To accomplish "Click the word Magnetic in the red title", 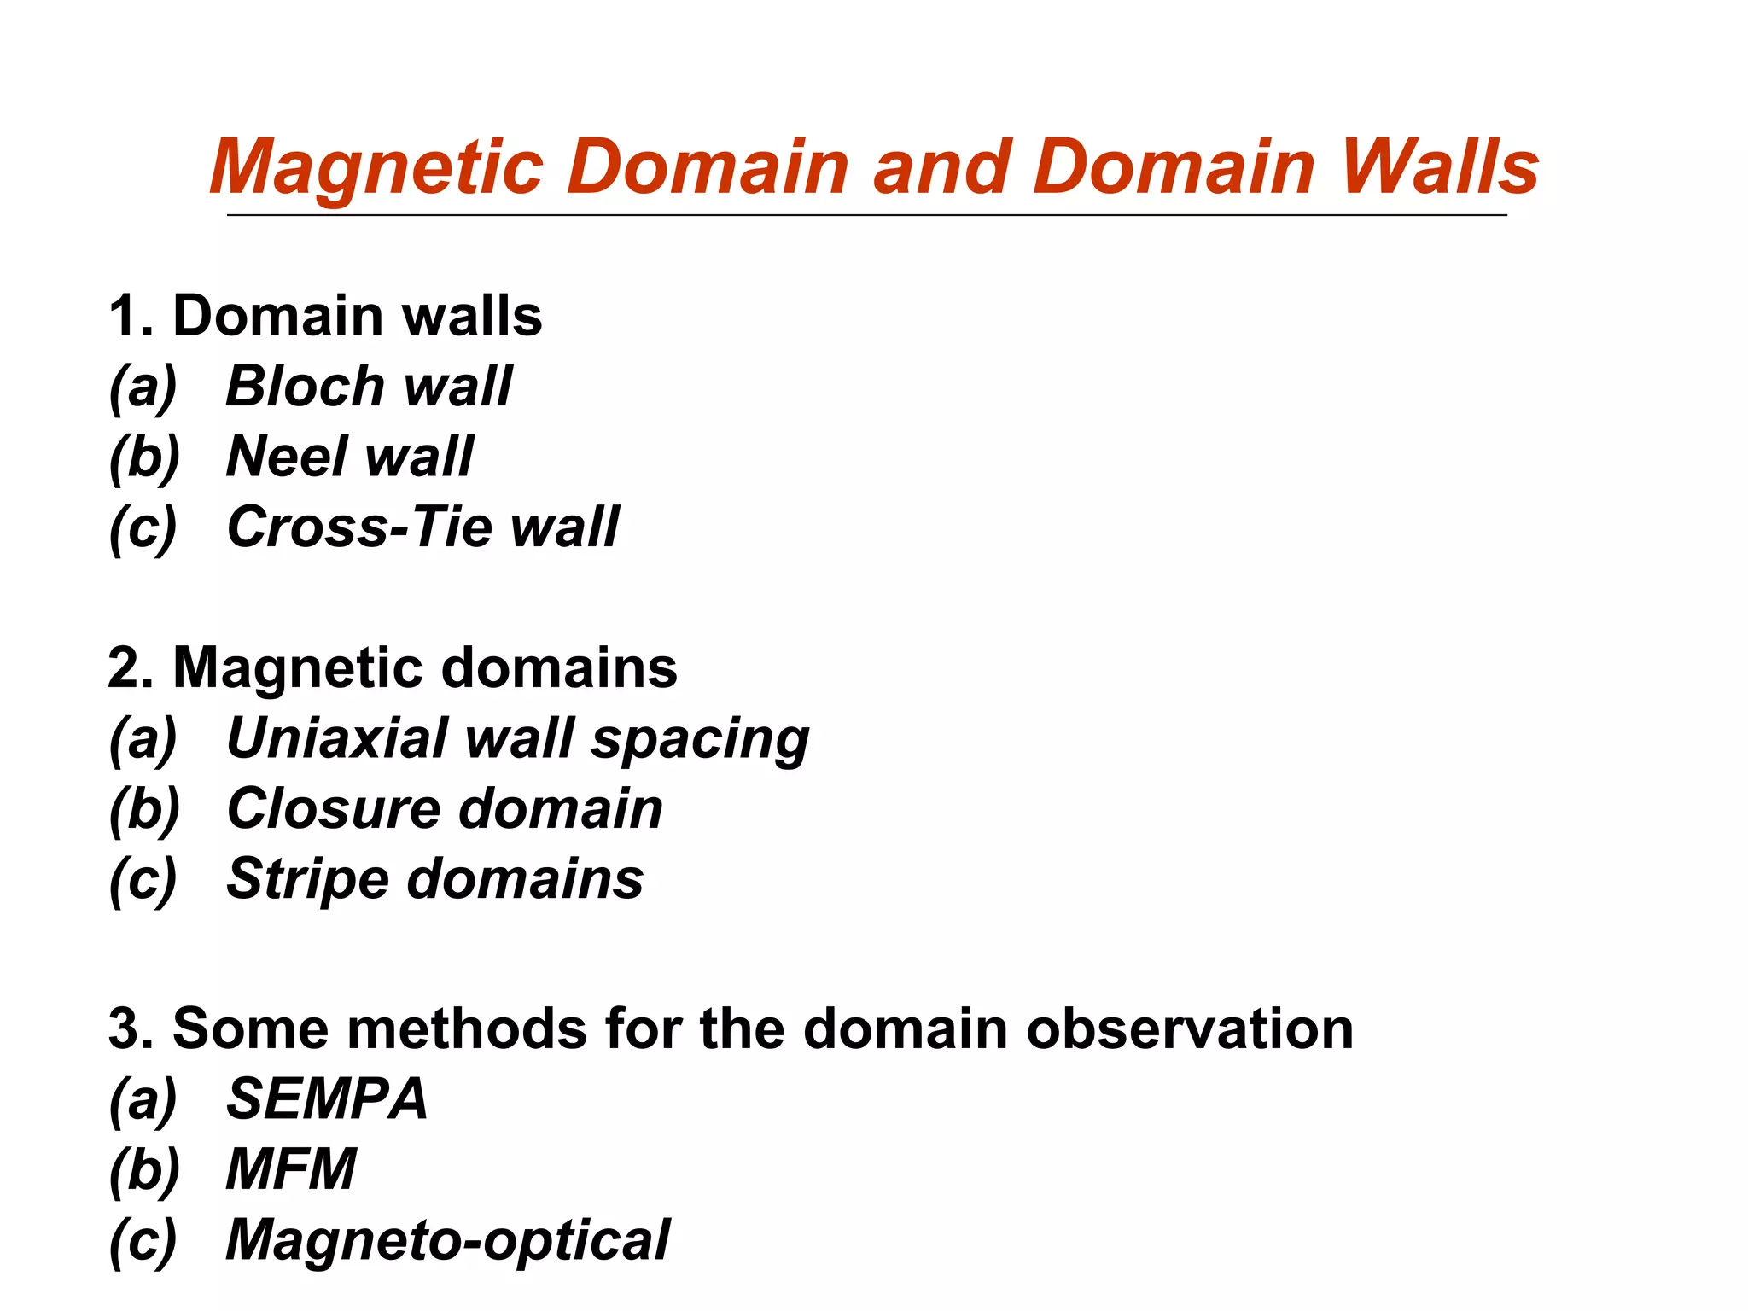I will point(376,168).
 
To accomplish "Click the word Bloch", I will point(304,386).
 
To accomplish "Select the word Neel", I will point(284,456).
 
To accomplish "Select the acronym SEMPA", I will point(326,1098).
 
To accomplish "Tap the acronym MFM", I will point(291,1168).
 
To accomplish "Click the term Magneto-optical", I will point(447,1240).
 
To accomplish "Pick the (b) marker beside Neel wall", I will point(144,457).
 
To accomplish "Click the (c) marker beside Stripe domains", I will point(143,880).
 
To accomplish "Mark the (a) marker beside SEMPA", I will point(143,1099).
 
